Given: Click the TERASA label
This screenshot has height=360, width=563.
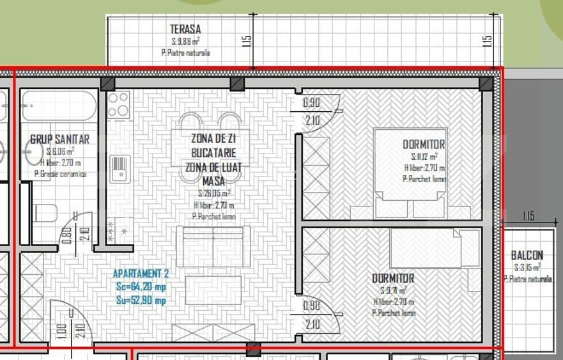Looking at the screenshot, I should (185, 29).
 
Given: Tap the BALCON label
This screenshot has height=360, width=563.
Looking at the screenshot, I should (527, 255).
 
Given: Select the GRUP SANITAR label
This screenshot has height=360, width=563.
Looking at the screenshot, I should (59, 139).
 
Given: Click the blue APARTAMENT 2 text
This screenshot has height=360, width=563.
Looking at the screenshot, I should (140, 276).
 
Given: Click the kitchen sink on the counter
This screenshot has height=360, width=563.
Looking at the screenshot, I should (120, 168).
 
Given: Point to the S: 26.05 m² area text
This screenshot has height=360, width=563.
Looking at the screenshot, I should (213, 192).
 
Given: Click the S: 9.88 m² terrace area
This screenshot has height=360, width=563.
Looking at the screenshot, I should (185, 41).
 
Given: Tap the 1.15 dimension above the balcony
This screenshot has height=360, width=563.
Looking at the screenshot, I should (528, 216).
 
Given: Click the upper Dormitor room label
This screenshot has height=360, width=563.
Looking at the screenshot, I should (424, 145).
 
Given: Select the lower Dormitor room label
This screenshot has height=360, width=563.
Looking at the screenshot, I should (393, 279).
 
